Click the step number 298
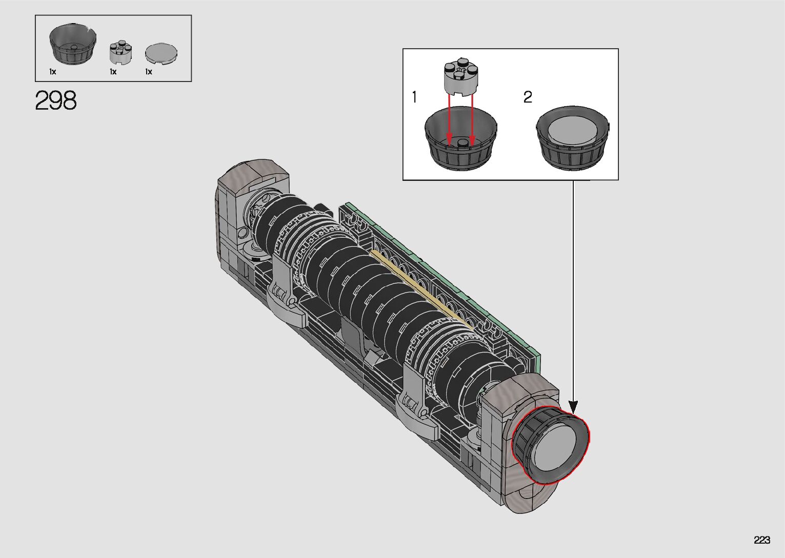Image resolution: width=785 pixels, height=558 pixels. (x=56, y=100)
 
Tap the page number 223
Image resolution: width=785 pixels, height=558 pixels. (x=762, y=540)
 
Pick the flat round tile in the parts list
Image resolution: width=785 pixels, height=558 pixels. (x=161, y=54)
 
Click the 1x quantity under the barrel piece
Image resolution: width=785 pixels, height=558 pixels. (x=53, y=72)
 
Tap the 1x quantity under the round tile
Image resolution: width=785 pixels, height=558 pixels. (x=149, y=72)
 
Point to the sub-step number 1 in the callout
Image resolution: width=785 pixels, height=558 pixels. (x=415, y=97)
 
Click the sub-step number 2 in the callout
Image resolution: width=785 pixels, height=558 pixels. (x=528, y=97)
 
